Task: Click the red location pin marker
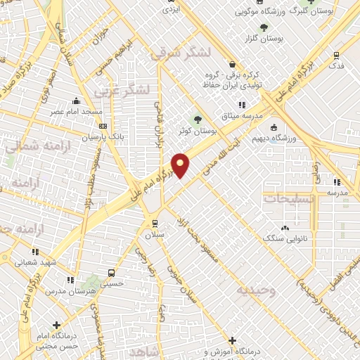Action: [181, 165]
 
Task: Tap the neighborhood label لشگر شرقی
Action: [181, 51]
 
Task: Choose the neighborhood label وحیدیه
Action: [257, 289]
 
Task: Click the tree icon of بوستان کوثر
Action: [198, 120]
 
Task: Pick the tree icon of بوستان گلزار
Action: [264, 27]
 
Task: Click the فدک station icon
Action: [337, 55]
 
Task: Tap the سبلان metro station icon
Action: [154, 223]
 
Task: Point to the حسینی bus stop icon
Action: [111, 273]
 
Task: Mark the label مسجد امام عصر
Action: [75, 112]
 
